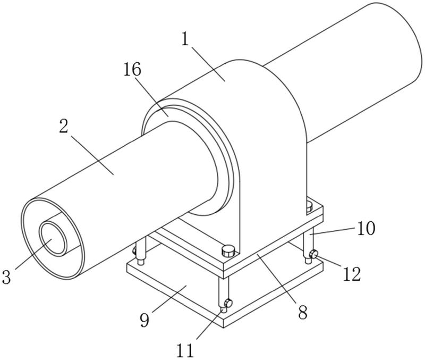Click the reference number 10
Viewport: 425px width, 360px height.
[x=365, y=228]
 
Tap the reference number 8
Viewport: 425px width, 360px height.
[x=302, y=312]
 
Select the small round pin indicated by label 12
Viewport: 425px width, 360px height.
[x=314, y=256]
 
